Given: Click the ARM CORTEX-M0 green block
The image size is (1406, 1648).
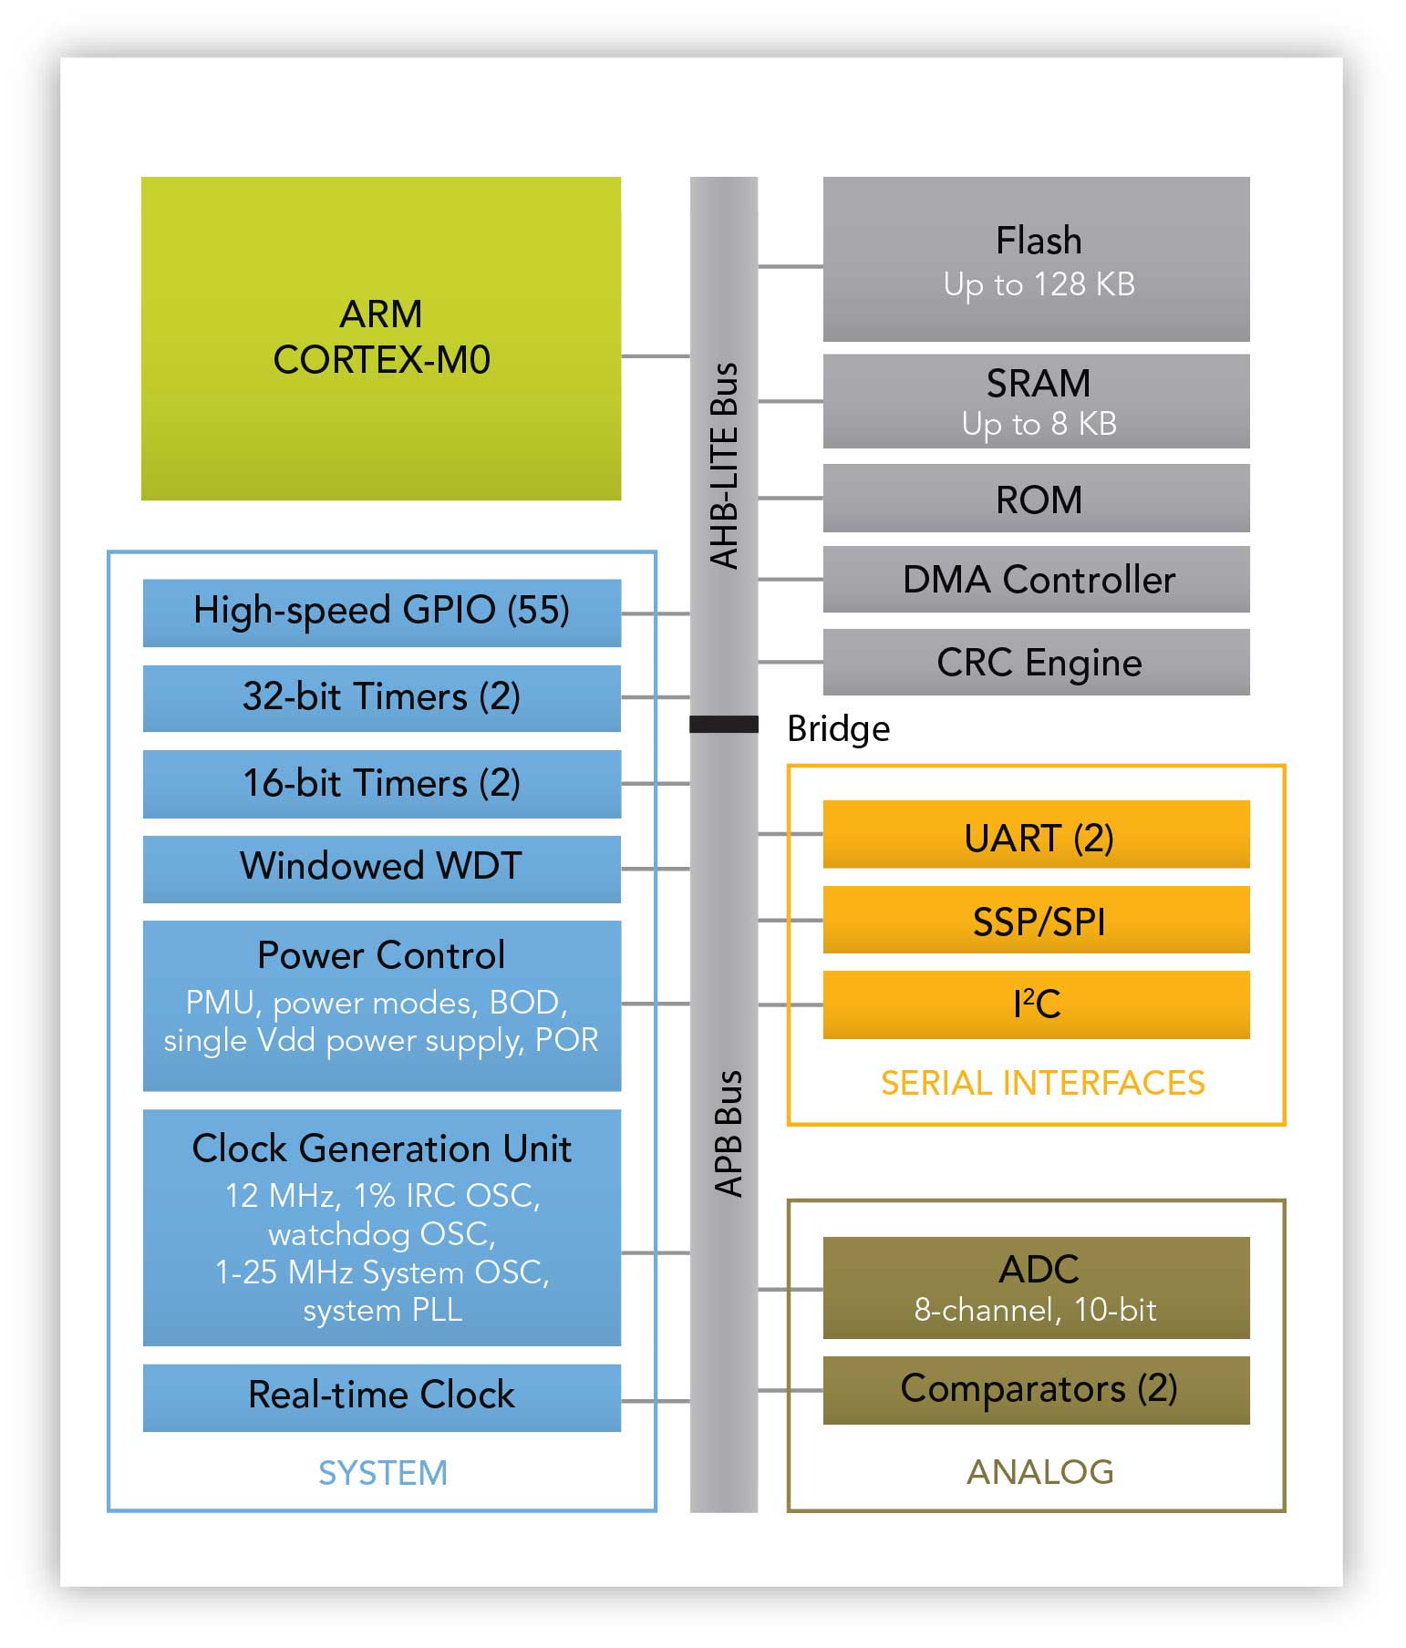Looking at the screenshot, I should tap(381, 338).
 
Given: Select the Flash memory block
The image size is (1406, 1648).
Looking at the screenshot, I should tap(1036, 260).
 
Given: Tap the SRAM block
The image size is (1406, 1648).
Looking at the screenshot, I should tap(1036, 401).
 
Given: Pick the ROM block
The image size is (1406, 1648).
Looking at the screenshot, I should tap(1036, 499).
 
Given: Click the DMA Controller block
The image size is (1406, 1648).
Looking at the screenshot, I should tap(1036, 580).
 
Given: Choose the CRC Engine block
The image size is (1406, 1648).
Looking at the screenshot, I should tap(1036, 662).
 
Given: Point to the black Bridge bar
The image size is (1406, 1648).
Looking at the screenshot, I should tap(723, 725).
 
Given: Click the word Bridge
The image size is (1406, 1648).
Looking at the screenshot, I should tap(838, 729).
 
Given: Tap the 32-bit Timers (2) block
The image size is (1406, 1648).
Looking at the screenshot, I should tap(381, 698).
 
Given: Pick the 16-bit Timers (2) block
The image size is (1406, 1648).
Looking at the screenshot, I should tap(381, 784).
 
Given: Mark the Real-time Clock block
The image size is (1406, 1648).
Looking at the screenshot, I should tap(381, 1397).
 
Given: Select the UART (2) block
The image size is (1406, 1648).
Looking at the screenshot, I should tap(1036, 835).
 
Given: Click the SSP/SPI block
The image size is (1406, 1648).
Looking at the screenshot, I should tap(1036, 921).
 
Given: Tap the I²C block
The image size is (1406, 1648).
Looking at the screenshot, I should tap(1036, 1004).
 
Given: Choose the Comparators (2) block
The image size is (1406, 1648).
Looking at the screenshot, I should tap(1036, 1390).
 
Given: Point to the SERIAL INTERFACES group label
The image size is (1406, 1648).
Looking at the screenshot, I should tap(1042, 1083).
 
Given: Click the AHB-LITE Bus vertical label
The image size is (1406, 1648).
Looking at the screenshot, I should tap(724, 466).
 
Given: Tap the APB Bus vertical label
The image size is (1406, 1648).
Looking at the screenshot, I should tap(728, 1133).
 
